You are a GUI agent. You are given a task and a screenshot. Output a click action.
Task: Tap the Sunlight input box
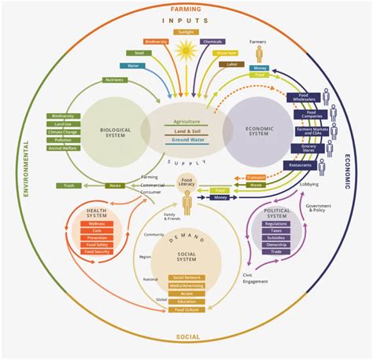[x=186, y=32]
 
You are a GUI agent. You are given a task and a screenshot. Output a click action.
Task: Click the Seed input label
[x=138, y=53]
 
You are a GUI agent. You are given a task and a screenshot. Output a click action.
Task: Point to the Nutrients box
[x=116, y=80]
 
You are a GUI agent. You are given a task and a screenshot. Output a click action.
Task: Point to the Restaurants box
[x=302, y=166]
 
